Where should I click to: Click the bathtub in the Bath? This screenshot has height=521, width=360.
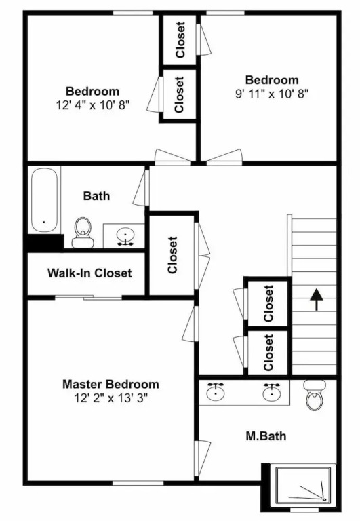click(x=44, y=200)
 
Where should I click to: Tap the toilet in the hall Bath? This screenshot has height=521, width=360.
click(x=82, y=232)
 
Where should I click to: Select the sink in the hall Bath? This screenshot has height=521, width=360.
click(x=125, y=236)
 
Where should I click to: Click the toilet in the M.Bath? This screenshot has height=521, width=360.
click(x=314, y=395)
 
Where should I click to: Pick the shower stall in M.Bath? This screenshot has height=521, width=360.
click(x=303, y=484)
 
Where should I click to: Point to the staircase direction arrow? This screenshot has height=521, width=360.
click(x=317, y=299)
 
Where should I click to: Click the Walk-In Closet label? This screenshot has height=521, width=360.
click(x=89, y=273)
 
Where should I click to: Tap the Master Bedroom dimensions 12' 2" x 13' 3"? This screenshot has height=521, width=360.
click(x=111, y=398)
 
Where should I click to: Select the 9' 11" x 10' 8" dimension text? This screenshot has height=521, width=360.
click(x=272, y=94)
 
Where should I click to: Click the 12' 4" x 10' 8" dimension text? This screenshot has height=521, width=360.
click(x=93, y=105)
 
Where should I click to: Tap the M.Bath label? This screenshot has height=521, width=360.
click(x=266, y=436)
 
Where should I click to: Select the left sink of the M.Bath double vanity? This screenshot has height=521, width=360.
click(x=215, y=392)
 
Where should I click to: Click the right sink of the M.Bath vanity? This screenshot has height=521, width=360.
click(x=272, y=392)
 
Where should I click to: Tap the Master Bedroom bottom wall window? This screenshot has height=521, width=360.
click(x=138, y=482)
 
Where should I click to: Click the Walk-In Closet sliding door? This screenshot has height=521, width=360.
click(x=88, y=297)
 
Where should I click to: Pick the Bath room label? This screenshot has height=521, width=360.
click(x=96, y=195)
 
